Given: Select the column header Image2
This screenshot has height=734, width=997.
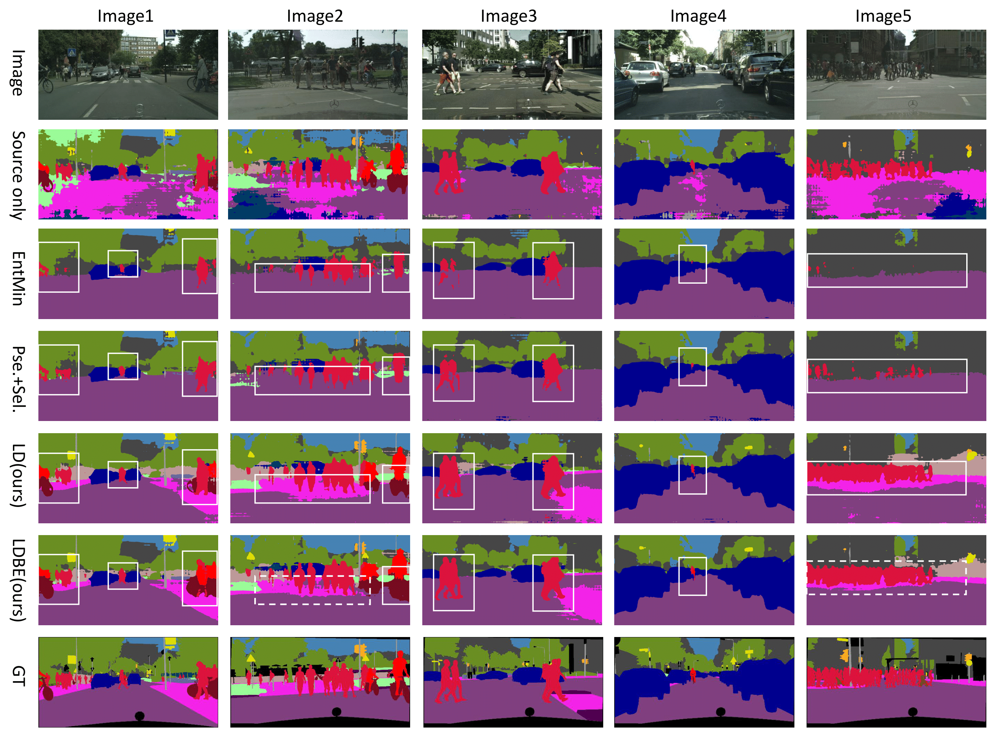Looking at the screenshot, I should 314,16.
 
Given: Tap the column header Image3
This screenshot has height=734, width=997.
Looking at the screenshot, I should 509,16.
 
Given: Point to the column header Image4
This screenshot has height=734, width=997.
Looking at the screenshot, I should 698,16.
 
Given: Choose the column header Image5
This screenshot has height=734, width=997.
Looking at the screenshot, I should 883,16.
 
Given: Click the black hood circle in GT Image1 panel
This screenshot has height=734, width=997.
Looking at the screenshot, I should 139,716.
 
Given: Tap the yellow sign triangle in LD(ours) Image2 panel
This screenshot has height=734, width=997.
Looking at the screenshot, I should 251,454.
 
